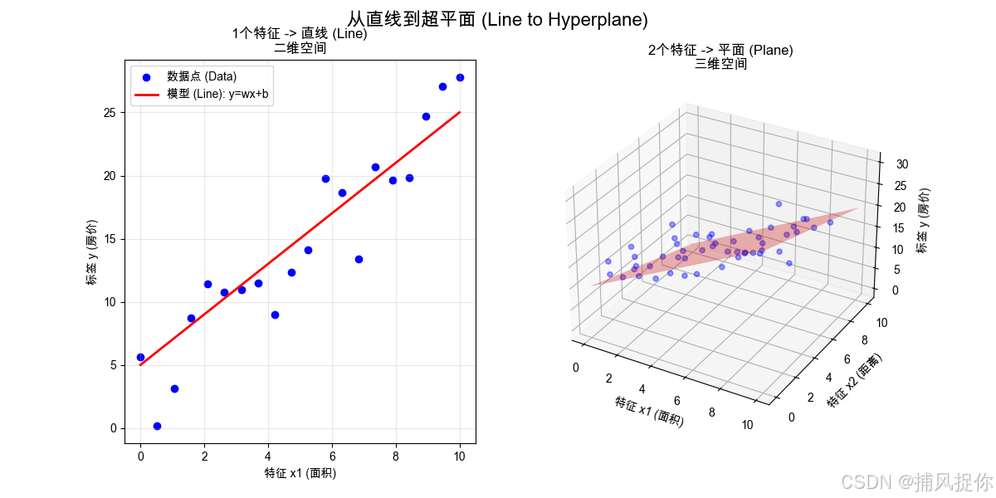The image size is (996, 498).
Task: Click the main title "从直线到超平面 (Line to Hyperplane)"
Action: pyautogui.click(x=497, y=19)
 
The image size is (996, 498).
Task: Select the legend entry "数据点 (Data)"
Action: pyautogui.click(x=202, y=76)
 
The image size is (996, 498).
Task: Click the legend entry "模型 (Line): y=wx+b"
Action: pyautogui.click(x=217, y=94)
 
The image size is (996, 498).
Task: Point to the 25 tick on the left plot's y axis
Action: pyautogui.click(x=110, y=113)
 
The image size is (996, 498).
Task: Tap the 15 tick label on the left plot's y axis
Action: pyautogui.click(x=110, y=239)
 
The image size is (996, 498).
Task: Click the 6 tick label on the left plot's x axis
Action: pyautogui.click(x=332, y=455)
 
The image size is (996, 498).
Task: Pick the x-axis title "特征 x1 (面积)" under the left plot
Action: pyautogui.click(x=300, y=473)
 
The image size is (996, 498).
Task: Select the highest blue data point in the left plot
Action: pyautogui.click(x=460, y=77)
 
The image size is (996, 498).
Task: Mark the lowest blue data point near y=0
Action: pyautogui.click(x=157, y=426)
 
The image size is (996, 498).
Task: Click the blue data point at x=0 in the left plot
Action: pyautogui.click(x=140, y=357)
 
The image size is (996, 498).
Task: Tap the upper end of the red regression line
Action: pyautogui.click(x=460, y=112)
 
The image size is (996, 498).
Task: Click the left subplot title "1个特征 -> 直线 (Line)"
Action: pyautogui.click(x=300, y=34)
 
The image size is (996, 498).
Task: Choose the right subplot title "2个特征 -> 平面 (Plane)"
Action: pyautogui.click(x=720, y=50)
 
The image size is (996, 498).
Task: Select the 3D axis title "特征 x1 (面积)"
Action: pyautogui.click(x=649, y=412)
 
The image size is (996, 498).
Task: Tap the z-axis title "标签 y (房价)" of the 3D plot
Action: pyautogui.click(x=924, y=220)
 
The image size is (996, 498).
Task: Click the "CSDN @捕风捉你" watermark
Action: pyautogui.click(x=916, y=481)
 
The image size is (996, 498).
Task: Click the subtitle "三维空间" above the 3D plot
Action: pyautogui.click(x=720, y=64)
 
